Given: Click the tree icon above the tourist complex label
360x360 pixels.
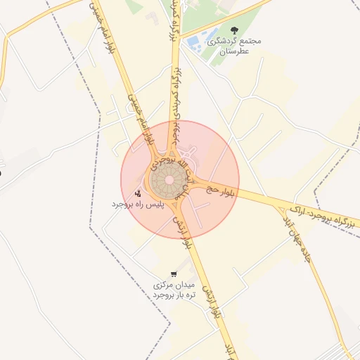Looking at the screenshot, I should point(234,30).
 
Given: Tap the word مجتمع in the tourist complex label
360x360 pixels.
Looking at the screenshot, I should point(250,41).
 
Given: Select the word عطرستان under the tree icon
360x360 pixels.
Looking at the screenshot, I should point(234,51).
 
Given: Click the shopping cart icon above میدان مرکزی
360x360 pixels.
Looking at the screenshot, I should point(173,274).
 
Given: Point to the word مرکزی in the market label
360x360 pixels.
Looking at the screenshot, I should point(164,285).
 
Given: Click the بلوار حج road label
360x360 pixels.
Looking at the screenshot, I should point(224,187).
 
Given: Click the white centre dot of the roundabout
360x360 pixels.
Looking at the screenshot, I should point(169,179).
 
